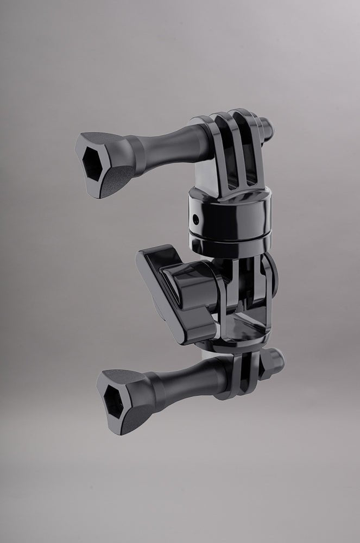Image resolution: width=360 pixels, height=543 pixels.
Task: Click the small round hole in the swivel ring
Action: tap(195, 219)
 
